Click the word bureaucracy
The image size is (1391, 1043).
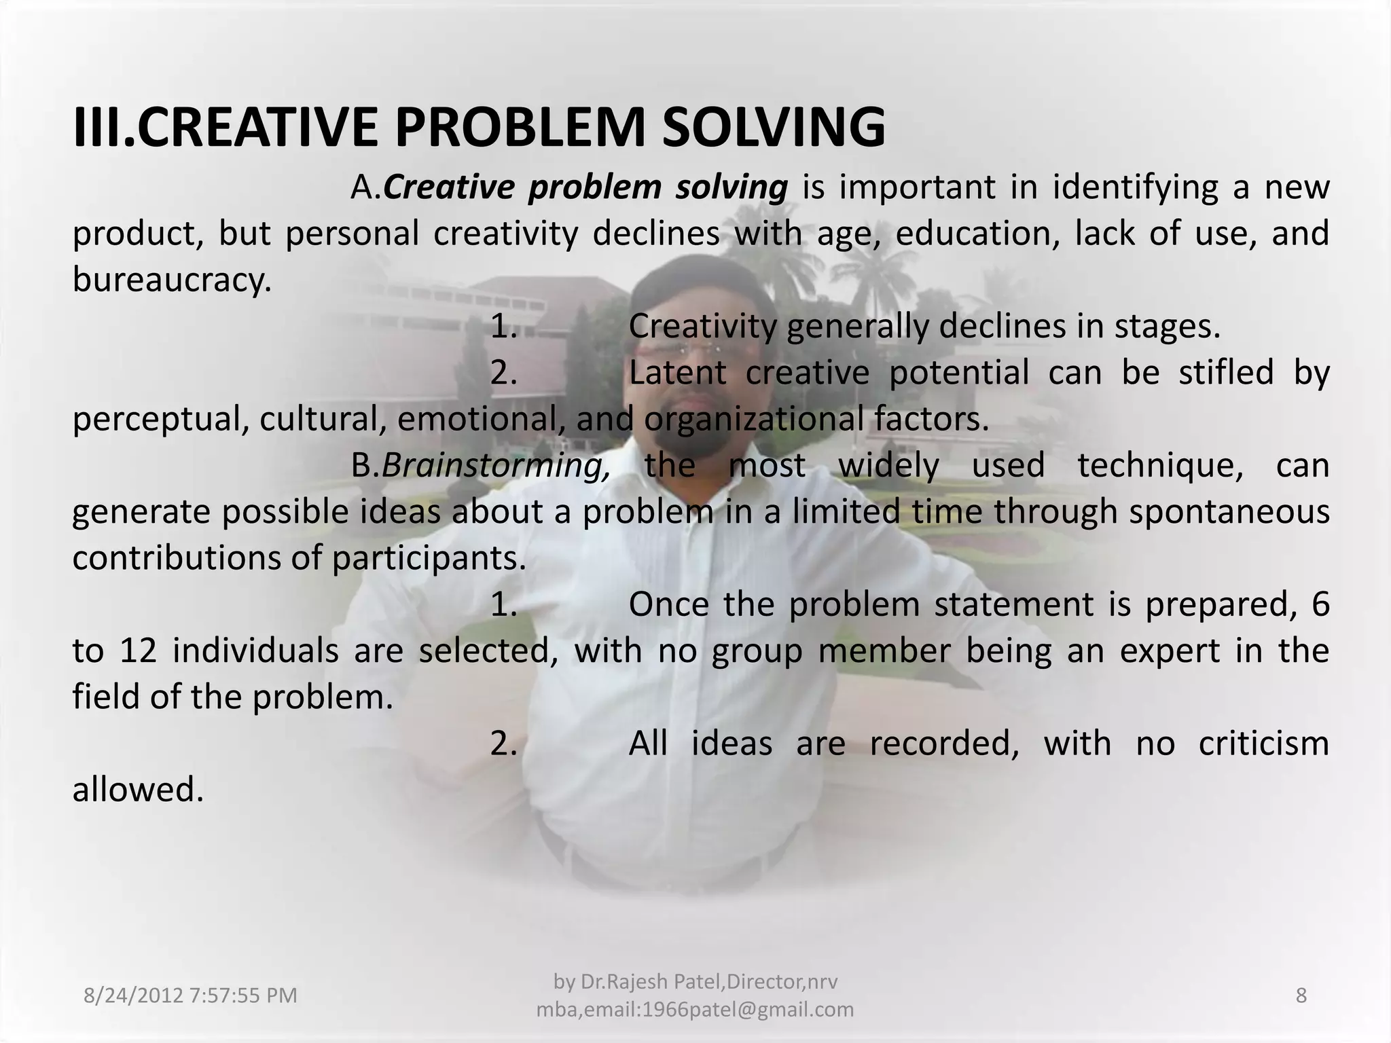pos(172,280)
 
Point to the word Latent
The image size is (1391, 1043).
pos(677,373)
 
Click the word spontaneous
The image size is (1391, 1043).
pos(1229,511)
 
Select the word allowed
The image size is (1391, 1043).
pos(138,790)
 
